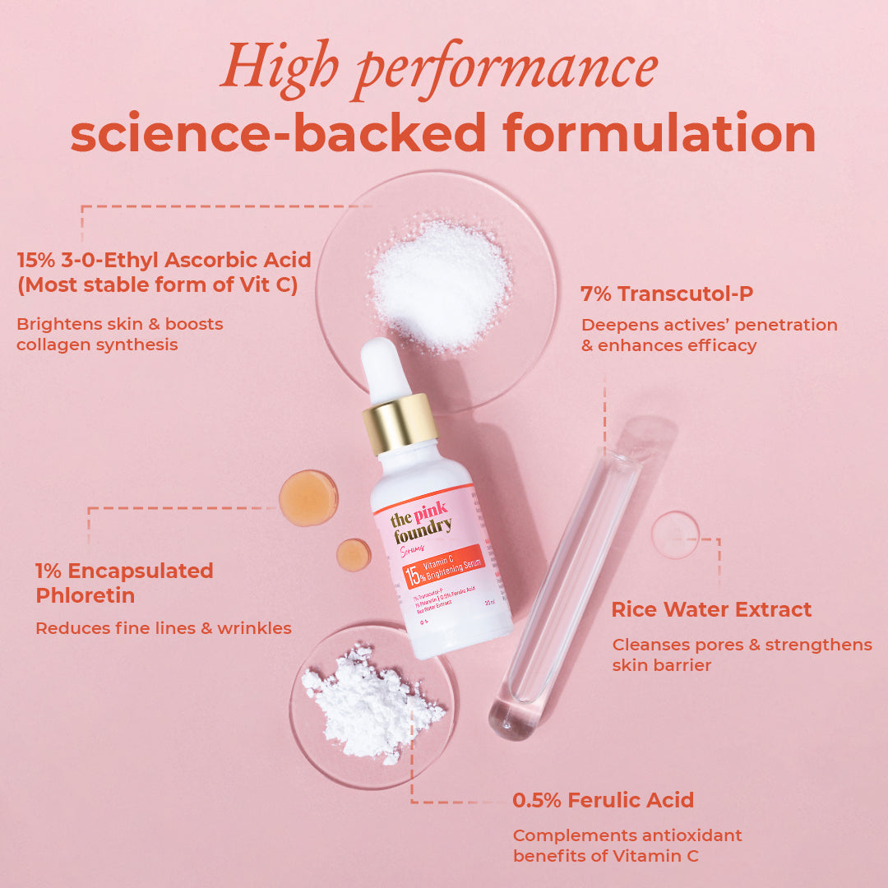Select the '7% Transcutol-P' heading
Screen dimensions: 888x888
667,294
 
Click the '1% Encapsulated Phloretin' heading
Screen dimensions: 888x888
123,582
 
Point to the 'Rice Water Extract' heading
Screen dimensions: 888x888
711,609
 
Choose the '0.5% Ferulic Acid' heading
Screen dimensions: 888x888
603,799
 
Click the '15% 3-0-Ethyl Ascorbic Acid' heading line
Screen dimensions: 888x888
164,261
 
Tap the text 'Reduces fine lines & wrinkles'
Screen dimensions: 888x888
163,628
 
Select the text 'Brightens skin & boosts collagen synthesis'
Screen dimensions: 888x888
120,334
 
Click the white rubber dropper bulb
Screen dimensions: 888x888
385,369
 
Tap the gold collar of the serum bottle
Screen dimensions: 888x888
400,423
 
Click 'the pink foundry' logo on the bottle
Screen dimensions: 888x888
419,523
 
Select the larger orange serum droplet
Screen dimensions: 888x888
308,497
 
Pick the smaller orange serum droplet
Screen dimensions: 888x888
354,555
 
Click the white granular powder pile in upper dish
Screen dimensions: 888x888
440,284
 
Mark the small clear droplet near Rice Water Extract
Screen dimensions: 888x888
675,534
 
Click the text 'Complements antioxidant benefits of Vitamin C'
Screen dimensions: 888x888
627,845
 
